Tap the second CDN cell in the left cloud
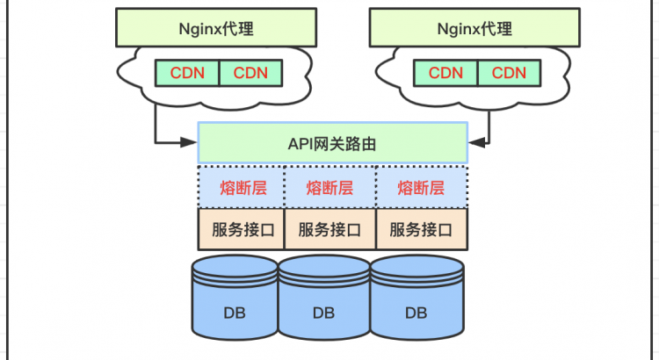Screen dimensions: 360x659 pyautogui.click(x=250, y=72)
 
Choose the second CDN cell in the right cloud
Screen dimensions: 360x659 pyautogui.click(x=509, y=72)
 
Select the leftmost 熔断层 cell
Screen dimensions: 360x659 pyautogui.click(x=242, y=187)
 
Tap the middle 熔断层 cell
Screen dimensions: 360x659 pyautogui.click(x=330, y=187)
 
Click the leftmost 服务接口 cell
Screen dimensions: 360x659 pyautogui.click(x=242, y=230)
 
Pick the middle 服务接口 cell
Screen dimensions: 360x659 pyautogui.click(x=330, y=230)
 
